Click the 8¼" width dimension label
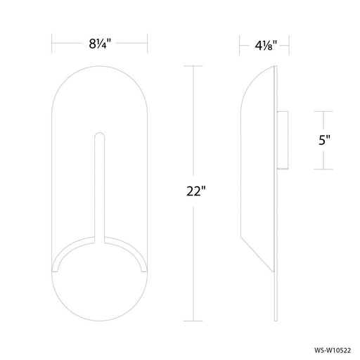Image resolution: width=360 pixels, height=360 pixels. (x=98, y=41)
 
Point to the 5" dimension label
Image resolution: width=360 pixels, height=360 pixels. (x=324, y=140)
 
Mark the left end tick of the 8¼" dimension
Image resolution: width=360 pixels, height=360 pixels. (x=53, y=41)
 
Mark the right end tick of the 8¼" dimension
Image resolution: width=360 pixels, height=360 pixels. (x=146, y=41)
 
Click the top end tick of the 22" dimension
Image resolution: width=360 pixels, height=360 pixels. (x=194, y=66)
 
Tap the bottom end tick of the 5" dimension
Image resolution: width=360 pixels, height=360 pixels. (x=324, y=169)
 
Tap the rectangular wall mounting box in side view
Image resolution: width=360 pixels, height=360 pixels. (x=283, y=140)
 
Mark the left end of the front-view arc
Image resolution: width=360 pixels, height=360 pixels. (x=55, y=269)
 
